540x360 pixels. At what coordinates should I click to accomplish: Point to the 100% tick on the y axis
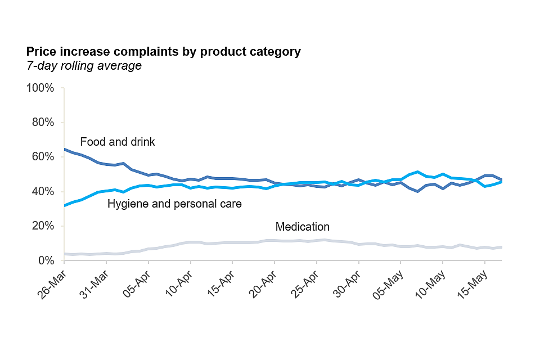point(40,88)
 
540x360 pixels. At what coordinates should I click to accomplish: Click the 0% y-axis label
point(45,260)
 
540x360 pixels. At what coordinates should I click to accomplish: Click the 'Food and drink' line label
point(118,142)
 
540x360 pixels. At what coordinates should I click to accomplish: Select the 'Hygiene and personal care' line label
point(174,204)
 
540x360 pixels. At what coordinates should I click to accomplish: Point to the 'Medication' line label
point(302,227)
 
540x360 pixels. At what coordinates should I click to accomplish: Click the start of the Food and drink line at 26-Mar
point(65,150)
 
